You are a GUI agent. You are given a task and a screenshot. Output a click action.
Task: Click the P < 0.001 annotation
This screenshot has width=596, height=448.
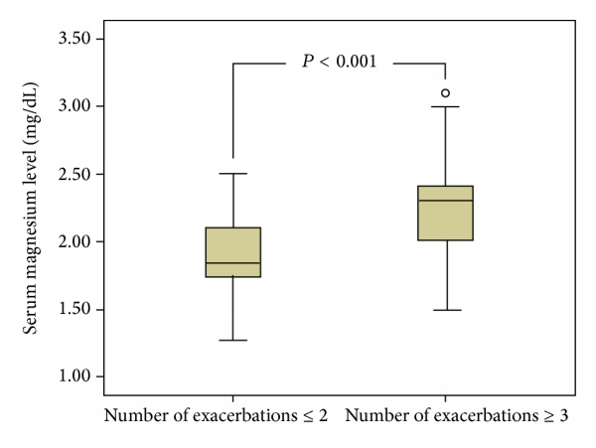tap(339, 63)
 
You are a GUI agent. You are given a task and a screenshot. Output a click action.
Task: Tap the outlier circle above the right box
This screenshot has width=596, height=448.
tap(445, 92)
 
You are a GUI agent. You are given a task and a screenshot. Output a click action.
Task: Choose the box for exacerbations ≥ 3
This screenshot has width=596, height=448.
tap(445, 213)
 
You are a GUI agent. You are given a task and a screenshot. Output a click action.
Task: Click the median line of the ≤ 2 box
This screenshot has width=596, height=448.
tap(232, 263)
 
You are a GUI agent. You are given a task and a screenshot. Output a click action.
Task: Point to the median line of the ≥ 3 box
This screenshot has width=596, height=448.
tap(445, 201)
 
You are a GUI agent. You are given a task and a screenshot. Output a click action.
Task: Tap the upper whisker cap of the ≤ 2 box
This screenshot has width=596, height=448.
tap(232, 174)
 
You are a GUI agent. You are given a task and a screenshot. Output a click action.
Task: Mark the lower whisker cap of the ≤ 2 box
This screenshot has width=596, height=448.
tap(232, 340)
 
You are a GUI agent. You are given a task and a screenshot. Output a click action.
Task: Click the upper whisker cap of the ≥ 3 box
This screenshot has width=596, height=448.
tap(445, 106)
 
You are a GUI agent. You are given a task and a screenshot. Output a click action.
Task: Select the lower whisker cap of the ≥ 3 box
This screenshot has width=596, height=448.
tap(445, 310)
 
